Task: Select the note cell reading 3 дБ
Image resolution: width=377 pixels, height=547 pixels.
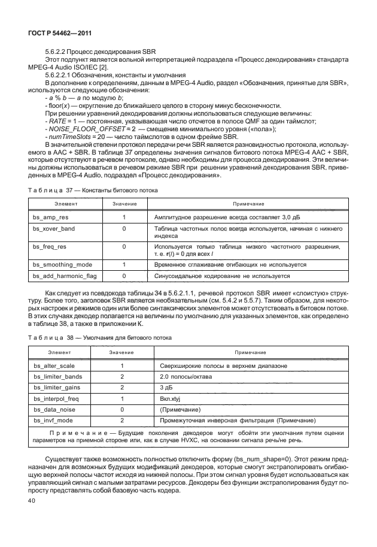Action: click(166, 388)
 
